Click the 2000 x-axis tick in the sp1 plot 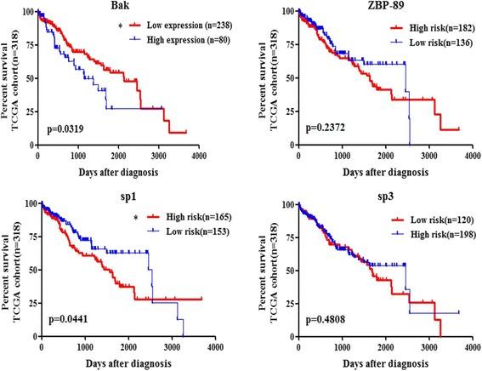(119, 347)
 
